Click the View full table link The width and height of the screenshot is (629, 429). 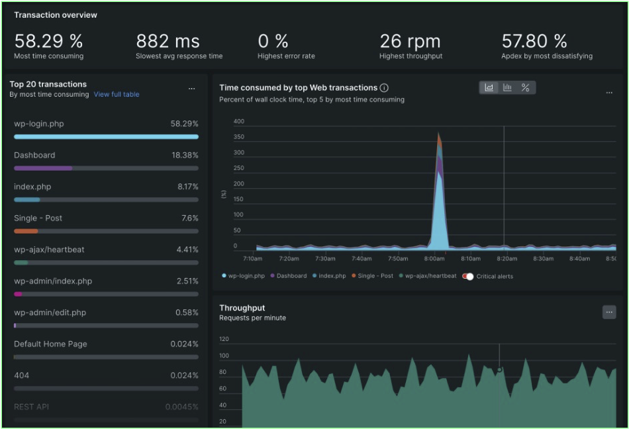pyautogui.click(x=117, y=95)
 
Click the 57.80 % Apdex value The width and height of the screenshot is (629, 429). pyautogui.click(x=534, y=42)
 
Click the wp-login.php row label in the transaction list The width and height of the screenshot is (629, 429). pyautogui.click(x=39, y=124)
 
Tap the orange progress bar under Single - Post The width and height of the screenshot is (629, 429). pyautogui.click(x=26, y=231)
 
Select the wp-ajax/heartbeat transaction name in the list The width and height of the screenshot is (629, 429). pyautogui.click(x=49, y=250)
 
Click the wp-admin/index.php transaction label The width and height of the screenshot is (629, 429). pyautogui.click(x=53, y=281)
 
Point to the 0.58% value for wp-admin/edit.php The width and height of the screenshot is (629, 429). pyautogui.click(x=187, y=312)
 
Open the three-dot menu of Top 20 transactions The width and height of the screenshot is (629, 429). pyautogui.click(x=191, y=88)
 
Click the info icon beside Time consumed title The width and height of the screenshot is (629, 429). pyautogui.click(x=384, y=88)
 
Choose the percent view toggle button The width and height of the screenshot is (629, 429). pyautogui.click(x=525, y=87)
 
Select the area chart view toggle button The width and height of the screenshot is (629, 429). pyautogui.click(x=489, y=87)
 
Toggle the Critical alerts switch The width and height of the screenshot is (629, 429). pyautogui.click(x=468, y=276)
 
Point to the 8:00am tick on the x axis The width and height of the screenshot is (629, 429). pyautogui.click(x=434, y=259)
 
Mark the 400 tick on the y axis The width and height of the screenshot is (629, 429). pyautogui.click(x=239, y=122)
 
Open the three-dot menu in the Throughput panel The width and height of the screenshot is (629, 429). pyautogui.click(x=609, y=311)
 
